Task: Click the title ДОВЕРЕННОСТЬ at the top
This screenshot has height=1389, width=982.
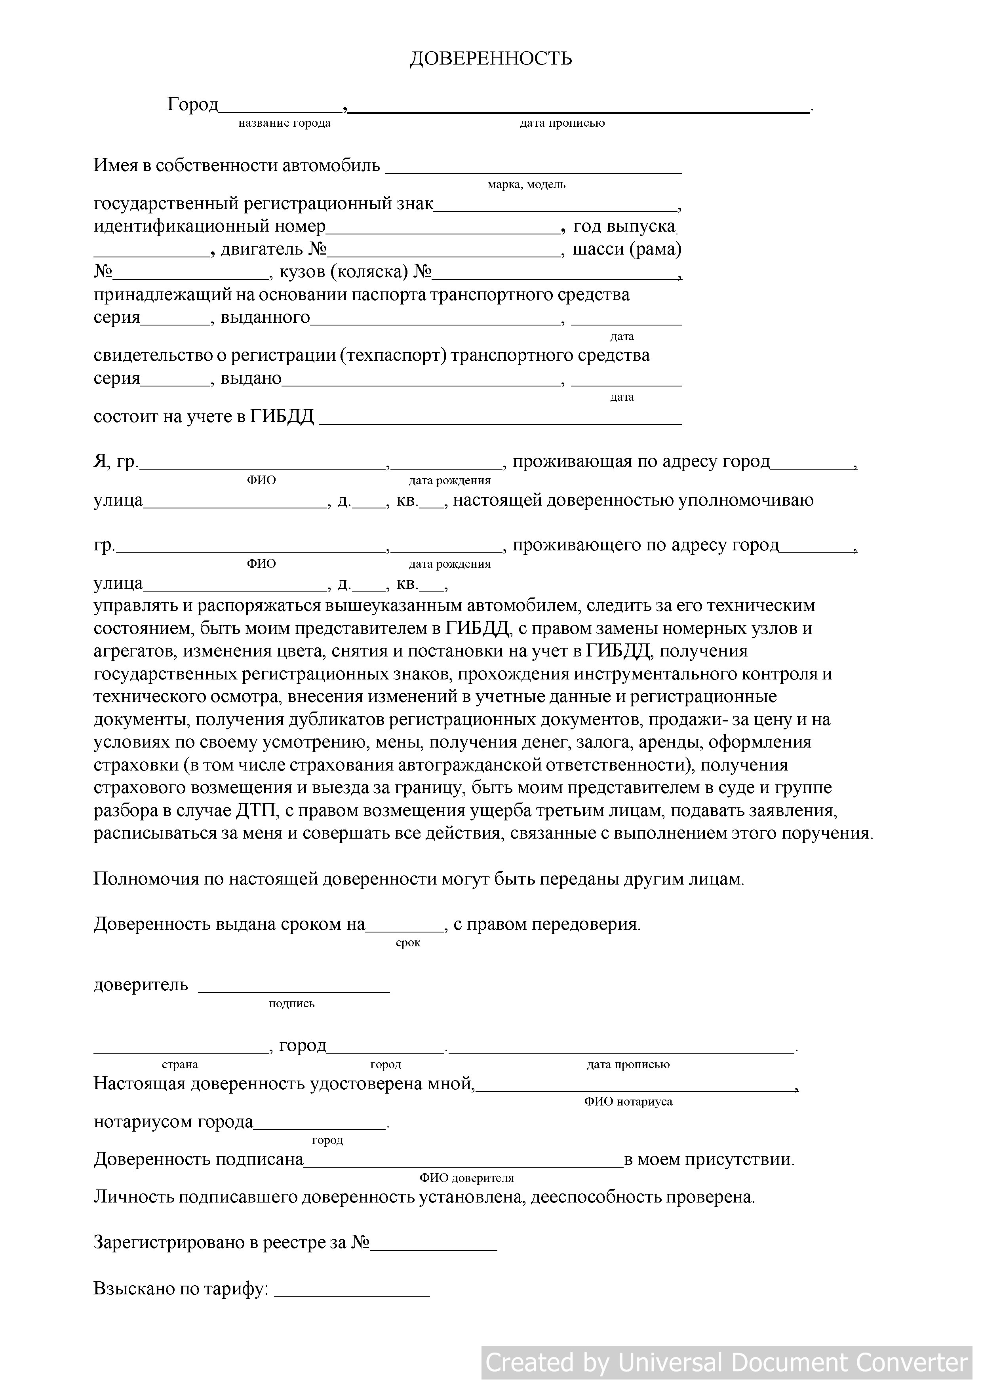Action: [491, 59]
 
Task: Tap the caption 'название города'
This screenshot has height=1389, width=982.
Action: [284, 124]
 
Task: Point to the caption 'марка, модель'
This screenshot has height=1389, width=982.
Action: [526, 185]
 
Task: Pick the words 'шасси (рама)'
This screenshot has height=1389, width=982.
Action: [627, 249]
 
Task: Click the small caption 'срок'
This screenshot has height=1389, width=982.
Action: [408, 943]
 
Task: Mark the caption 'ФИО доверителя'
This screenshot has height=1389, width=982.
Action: [466, 1178]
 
